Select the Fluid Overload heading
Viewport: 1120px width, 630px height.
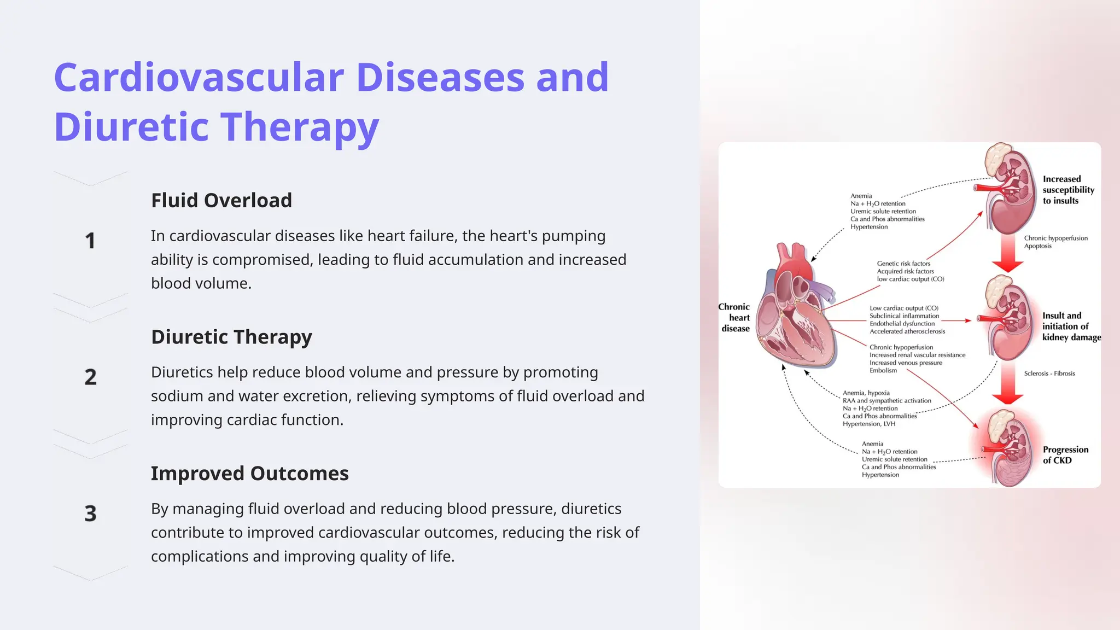point(221,200)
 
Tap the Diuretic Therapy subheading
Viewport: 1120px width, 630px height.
point(231,337)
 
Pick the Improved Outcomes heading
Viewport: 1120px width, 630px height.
point(249,473)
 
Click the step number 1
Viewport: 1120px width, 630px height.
point(90,241)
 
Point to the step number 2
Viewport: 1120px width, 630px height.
point(90,377)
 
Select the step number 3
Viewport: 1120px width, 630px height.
point(90,513)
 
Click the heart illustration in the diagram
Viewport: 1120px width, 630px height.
point(796,317)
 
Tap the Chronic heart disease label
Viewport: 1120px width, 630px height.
point(735,318)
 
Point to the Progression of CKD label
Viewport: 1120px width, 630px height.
point(1065,455)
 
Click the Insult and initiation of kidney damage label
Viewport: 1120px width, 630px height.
point(1070,326)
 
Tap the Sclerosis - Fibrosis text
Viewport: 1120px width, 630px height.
point(1049,374)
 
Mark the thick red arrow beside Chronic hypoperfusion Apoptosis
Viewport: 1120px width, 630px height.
point(1007,254)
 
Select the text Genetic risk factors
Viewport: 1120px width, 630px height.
point(903,264)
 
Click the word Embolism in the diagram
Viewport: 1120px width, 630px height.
point(883,371)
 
